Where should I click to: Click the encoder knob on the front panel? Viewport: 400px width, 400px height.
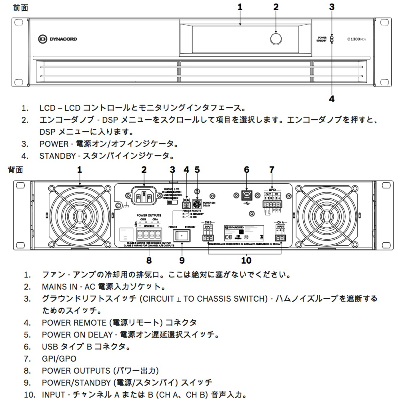pyautogui.click(x=275, y=38)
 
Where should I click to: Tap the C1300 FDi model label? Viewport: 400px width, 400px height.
pyautogui.click(x=356, y=39)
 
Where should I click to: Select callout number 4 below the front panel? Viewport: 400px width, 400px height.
pyautogui.click(x=332, y=98)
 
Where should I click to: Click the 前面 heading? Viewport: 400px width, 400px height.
pyautogui.click(x=20, y=8)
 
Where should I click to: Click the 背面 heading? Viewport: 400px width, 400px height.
pyautogui.click(x=16, y=170)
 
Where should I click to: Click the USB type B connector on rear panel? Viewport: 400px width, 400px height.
pyautogui.click(x=247, y=196)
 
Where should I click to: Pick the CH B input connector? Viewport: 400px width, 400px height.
pyautogui.click(x=208, y=238)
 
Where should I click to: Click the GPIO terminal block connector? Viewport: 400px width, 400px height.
pyautogui.click(x=272, y=204)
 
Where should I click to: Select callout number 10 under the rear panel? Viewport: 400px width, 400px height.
pyautogui.click(x=246, y=260)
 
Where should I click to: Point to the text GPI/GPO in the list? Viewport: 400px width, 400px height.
pyautogui.click(x=59, y=359)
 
